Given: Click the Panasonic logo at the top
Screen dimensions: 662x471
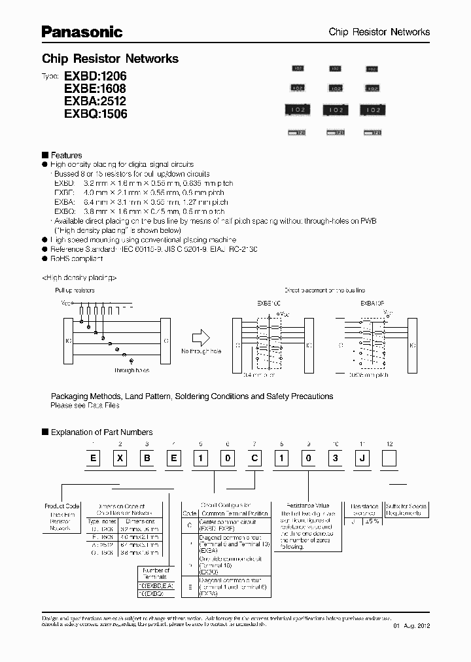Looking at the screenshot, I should (x=82, y=31).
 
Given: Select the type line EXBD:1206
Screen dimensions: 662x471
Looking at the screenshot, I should (x=95, y=76).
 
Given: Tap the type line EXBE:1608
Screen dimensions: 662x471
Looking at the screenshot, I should (x=95, y=88).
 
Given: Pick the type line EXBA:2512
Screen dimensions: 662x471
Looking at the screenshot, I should (x=95, y=101).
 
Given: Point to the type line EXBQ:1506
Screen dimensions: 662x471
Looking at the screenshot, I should (x=95, y=113).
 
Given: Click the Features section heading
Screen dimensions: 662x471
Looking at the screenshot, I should (x=66, y=155).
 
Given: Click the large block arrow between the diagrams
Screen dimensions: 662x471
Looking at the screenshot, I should (x=201, y=338).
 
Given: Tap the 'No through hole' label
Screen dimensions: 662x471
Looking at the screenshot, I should (x=201, y=352).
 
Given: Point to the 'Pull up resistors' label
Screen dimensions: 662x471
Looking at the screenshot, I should (x=74, y=290).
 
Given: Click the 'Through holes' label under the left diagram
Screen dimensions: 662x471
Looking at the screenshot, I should (x=131, y=370).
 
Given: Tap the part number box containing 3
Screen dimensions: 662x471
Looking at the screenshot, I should (x=336, y=458).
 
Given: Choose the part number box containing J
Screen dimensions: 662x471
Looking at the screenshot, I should (x=362, y=458).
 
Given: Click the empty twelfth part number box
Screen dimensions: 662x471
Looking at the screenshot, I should (x=389, y=458).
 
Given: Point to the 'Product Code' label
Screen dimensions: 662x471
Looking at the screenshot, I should (x=61, y=506).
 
